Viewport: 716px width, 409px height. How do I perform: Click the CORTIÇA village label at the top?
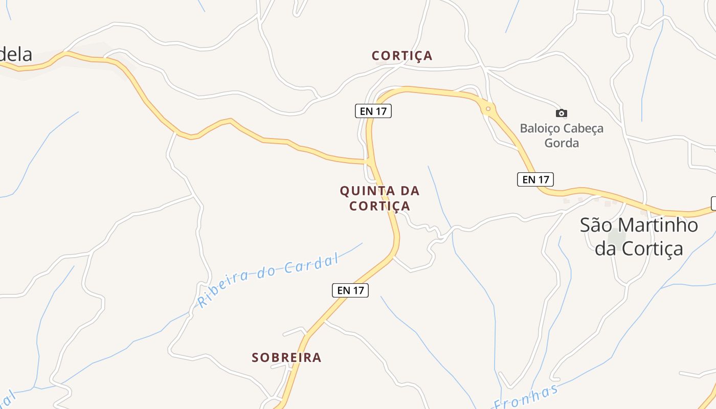[x=402, y=56]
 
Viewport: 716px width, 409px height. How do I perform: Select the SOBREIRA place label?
[x=286, y=357]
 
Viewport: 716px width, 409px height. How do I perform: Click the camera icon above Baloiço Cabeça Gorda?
[x=561, y=113]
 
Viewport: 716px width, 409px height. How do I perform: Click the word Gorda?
[x=561, y=143]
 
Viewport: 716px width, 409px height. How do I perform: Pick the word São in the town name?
[x=596, y=225]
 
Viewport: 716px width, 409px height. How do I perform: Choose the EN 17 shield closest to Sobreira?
[x=350, y=290]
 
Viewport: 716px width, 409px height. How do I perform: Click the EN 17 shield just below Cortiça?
[x=373, y=110]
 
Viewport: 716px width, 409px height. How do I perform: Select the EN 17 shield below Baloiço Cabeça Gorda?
[x=535, y=179]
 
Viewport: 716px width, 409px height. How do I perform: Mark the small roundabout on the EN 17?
[x=488, y=108]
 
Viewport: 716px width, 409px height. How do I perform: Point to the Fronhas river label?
[x=527, y=397]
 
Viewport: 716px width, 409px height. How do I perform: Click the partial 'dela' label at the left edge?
[x=15, y=54]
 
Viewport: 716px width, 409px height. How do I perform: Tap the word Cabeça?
[x=584, y=128]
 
